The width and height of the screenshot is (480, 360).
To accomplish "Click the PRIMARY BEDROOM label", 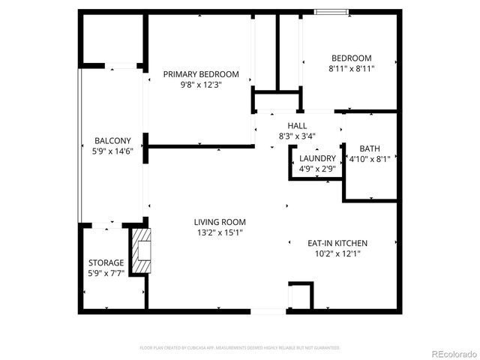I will click(x=201, y=74).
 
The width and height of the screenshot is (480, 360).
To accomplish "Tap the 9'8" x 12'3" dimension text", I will click(x=201, y=85).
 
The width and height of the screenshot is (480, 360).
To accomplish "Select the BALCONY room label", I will click(x=112, y=141).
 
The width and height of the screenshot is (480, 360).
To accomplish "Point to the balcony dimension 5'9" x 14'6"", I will click(x=112, y=151).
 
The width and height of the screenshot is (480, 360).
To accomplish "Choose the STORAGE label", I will click(x=106, y=263).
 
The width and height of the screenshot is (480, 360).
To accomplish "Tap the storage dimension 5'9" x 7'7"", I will click(x=106, y=274).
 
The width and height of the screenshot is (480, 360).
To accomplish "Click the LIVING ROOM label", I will click(x=220, y=222).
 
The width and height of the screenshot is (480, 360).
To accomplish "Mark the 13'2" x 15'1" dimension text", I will click(x=220, y=232).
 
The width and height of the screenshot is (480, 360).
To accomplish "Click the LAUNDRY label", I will click(x=317, y=158).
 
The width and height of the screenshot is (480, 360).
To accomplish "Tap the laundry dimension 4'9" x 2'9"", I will click(x=317, y=169).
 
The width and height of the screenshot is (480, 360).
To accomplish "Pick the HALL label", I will click(x=297, y=126).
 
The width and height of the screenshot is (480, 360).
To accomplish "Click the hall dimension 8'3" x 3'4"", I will click(x=297, y=136).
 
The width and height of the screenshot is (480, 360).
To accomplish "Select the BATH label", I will click(x=369, y=148).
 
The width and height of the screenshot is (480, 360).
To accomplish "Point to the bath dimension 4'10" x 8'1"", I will click(x=369, y=159).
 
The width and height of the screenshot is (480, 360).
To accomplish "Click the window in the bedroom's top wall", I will click(x=331, y=11).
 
